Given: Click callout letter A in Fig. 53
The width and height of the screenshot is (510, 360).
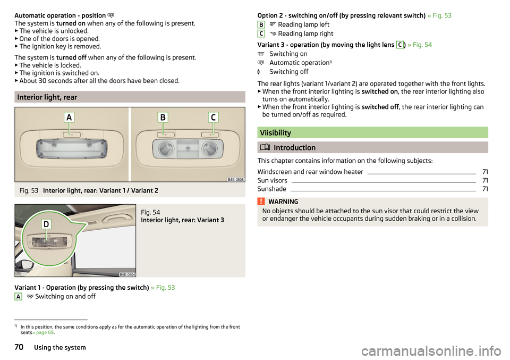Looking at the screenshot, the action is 69,117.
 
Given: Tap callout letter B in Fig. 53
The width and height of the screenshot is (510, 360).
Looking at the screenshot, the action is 163,117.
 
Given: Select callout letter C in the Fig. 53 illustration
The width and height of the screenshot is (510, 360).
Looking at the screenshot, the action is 213,117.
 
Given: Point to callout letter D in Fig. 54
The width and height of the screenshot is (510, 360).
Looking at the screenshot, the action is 46,224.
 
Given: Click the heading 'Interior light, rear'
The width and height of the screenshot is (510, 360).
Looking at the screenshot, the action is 47,97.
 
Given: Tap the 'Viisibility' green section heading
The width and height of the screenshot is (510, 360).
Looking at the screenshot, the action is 275,133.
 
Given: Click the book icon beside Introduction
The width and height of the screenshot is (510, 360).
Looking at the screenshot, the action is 265,147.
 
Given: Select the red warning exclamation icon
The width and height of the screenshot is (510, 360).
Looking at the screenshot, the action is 261,201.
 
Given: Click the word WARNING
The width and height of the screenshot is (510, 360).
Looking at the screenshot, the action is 283,202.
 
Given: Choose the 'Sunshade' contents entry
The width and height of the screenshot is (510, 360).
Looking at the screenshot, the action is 271,189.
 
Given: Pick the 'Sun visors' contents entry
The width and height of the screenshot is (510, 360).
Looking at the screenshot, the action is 272,180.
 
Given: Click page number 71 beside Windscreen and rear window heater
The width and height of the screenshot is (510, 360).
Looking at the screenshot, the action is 485,172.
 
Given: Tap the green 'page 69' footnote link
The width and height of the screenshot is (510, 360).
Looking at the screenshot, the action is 45,332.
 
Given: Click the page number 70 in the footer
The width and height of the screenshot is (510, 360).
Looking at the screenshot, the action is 19,347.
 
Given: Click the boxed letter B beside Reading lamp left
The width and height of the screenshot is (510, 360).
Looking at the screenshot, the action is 261,24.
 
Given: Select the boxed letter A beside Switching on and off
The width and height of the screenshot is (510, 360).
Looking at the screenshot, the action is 18,297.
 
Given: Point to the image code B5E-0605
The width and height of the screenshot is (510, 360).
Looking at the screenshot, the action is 236,179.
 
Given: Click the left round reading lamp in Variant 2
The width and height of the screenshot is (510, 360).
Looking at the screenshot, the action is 167,149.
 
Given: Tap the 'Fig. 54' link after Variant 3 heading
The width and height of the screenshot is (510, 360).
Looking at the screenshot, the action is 422,45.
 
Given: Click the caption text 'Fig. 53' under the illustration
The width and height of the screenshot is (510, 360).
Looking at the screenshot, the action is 29,190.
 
